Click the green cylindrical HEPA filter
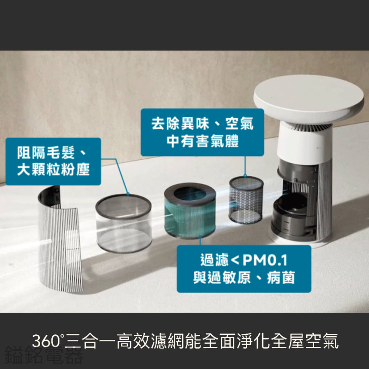[x=190, y=212]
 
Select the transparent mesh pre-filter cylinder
[x=124, y=224]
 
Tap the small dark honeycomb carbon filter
[x=246, y=200]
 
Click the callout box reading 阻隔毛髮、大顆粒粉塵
[x=53, y=161]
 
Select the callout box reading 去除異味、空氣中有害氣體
[x=202, y=132]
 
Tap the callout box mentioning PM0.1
[x=244, y=269]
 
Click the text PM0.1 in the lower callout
[x=265, y=260]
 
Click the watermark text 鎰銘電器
[x=44, y=355]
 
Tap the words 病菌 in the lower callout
[x=281, y=278]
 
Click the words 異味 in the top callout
[x=195, y=123]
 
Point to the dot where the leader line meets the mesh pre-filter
[x=128, y=194]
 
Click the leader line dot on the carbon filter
[x=245, y=176]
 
